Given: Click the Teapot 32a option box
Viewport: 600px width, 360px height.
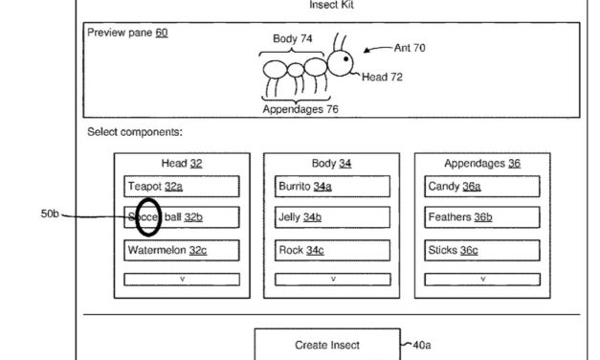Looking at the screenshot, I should [181, 186].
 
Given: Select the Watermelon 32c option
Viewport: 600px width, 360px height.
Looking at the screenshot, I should [181, 250].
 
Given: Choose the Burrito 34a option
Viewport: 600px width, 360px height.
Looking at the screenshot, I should [332, 186].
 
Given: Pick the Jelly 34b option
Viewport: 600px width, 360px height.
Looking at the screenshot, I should [332, 217].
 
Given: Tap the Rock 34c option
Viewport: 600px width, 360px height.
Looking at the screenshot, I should [332, 250].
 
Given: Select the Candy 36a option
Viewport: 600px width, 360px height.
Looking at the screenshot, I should [482, 186].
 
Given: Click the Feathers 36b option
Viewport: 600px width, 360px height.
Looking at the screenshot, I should [482, 217].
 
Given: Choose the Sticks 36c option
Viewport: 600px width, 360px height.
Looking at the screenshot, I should [482, 250].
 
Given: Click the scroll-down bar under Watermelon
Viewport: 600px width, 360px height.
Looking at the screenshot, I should [181, 280].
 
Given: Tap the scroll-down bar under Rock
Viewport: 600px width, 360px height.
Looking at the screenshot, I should [332, 280].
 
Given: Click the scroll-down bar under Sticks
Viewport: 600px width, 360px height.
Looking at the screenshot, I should [482, 280].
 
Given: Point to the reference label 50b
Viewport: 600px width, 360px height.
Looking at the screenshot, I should [51, 214].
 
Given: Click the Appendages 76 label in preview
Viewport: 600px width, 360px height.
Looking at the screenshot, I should [300, 109].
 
